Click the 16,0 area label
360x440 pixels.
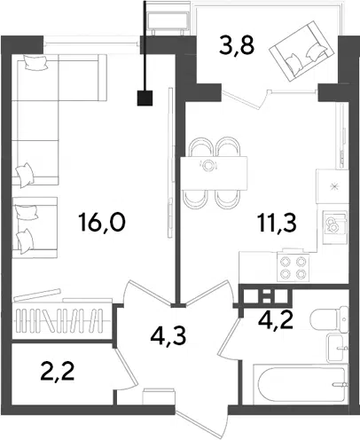(102, 223)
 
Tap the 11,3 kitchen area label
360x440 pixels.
(277, 223)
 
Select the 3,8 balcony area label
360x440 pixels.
(237, 46)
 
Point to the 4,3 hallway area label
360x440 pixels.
(168, 336)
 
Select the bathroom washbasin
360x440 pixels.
(337, 348)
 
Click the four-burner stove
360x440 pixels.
(293, 267)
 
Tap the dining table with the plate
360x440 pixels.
(214, 174)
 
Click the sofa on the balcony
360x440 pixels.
(300, 52)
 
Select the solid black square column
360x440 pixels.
(145, 98)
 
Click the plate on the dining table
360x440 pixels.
(208, 165)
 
